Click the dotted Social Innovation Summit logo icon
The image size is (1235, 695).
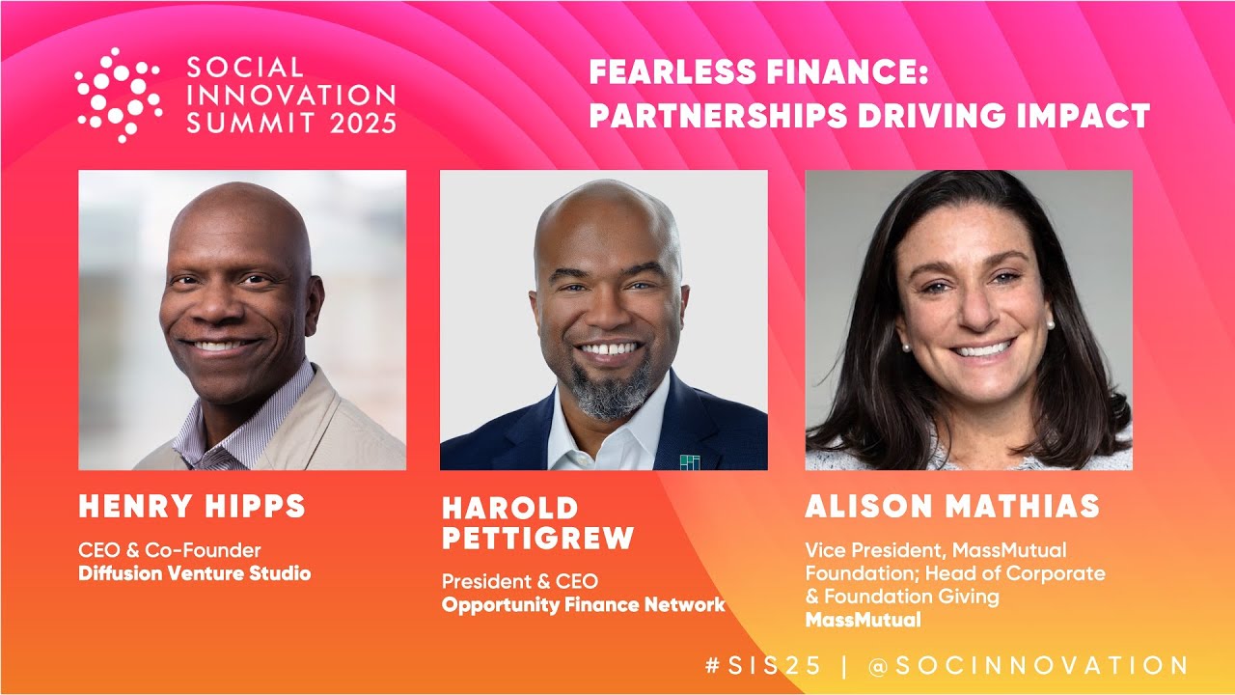pyautogui.click(x=118, y=95)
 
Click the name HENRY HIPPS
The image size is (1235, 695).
pyautogui.click(x=191, y=506)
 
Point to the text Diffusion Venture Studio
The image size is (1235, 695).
pyautogui.click(x=194, y=573)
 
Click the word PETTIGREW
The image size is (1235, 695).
pyautogui.click(x=537, y=538)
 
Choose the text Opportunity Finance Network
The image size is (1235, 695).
pyautogui.click(x=583, y=605)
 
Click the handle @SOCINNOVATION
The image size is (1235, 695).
pyautogui.click(x=1029, y=665)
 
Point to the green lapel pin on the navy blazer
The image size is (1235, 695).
pyautogui.click(x=689, y=461)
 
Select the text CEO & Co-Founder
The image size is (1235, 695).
pyautogui.click(x=170, y=550)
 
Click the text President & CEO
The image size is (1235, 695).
pyautogui.click(x=519, y=582)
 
